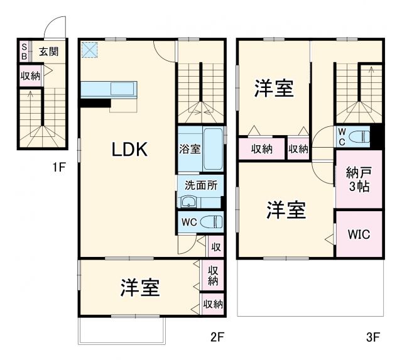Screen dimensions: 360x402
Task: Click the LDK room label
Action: click(x=129, y=150)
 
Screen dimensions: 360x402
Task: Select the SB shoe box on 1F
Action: click(x=24, y=52)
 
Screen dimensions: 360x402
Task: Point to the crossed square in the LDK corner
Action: click(x=89, y=49)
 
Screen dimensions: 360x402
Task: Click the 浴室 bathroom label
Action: click(x=190, y=150)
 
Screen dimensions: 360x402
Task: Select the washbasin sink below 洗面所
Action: click(x=188, y=202)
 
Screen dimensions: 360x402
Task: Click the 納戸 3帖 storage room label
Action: click(x=357, y=179)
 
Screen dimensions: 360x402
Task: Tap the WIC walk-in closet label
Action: click(x=359, y=234)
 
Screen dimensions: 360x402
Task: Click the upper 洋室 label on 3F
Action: click(x=273, y=89)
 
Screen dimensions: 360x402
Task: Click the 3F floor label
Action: click(x=372, y=337)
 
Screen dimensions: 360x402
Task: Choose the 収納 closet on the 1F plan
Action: click(x=30, y=76)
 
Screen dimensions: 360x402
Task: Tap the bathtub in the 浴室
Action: click(x=212, y=149)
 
